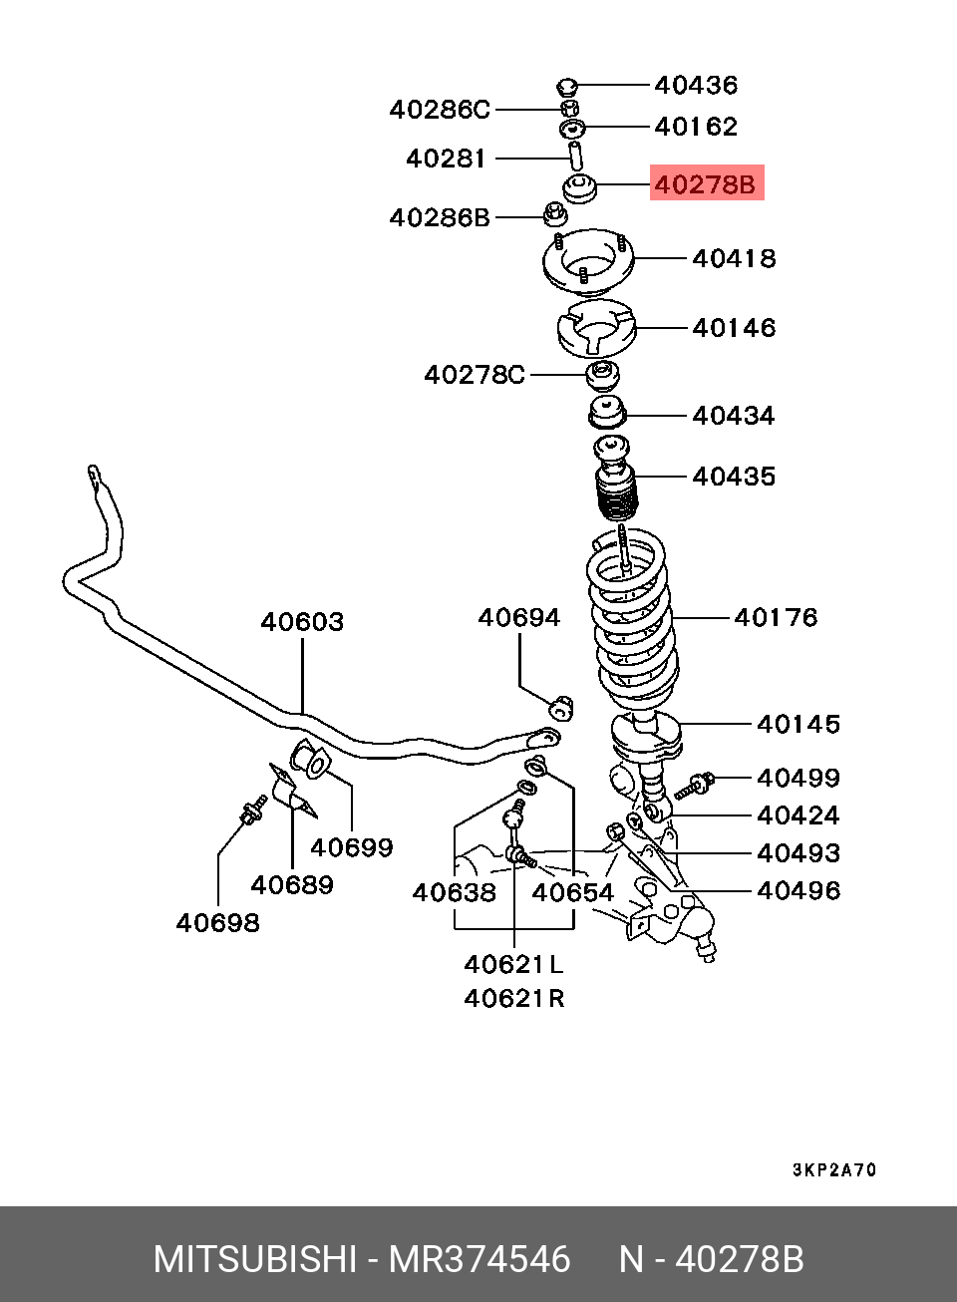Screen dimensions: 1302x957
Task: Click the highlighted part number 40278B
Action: coord(706,183)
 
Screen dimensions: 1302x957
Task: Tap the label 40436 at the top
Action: coord(696,85)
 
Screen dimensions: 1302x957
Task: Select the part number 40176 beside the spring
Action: coord(776,618)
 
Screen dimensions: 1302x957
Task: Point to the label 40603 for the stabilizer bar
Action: coord(302,622)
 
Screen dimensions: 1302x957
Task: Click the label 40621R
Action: coord(514,998)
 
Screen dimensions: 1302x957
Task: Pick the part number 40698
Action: coord(217,923)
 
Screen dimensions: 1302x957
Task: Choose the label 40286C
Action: coord(440,110)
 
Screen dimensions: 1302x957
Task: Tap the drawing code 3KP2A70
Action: coord(834,1170)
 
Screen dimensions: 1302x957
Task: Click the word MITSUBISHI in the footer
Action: coord(254,1259)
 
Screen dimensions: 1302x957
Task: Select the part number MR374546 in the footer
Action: coord(479,1259)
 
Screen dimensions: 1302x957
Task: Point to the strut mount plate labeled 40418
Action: coord(588,262)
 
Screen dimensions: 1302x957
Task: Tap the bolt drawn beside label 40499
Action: coord(695,786)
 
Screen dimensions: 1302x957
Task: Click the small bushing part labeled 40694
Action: coord(562,707)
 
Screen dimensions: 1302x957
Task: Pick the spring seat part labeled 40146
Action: coord(596,329)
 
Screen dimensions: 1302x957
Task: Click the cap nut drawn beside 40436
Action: coord(567,85)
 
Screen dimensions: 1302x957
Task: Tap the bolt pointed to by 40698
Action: coord(252,811)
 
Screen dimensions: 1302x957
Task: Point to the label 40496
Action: coord(797,890)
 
